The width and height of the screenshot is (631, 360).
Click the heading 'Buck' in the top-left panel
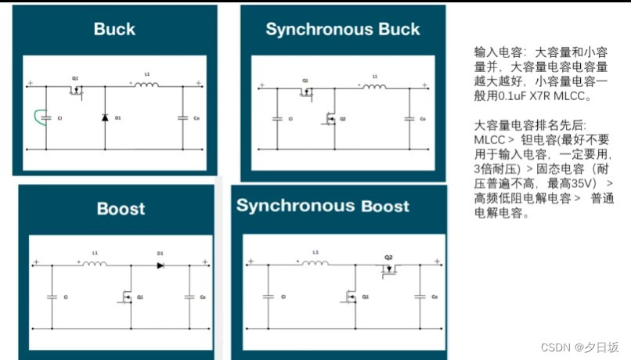114,30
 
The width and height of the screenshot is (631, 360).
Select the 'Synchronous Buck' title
342,30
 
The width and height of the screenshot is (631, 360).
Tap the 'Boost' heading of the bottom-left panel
121,209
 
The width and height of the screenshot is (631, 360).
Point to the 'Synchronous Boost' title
323,206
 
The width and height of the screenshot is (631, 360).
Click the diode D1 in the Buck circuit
105,117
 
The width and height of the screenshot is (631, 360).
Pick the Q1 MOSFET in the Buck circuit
76,89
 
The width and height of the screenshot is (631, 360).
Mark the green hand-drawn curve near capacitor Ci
38,118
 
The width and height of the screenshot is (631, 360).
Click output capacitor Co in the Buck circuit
183,117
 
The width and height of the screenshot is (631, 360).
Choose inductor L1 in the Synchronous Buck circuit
374,85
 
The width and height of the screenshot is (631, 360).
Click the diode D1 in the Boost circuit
160,265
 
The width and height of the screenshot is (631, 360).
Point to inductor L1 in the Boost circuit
96,265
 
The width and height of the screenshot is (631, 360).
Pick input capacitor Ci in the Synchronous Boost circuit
268,297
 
